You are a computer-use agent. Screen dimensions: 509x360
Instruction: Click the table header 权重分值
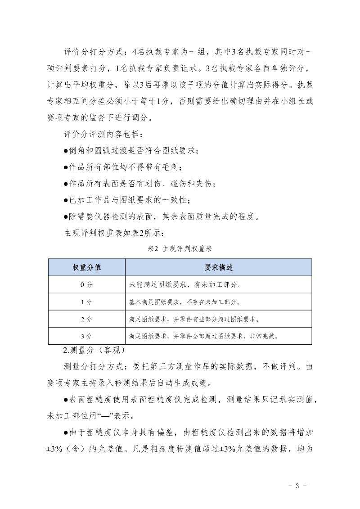coord(87,267)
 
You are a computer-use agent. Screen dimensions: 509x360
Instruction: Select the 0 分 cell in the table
coord(87,284)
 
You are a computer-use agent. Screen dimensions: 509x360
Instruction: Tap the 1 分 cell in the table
coord(87,302)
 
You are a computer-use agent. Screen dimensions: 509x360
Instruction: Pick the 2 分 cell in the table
coord(87,319)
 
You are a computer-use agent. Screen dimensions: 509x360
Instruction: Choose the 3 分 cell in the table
coord(87,336)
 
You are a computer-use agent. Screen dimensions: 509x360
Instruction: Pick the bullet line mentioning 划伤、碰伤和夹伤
coord(139,184)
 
